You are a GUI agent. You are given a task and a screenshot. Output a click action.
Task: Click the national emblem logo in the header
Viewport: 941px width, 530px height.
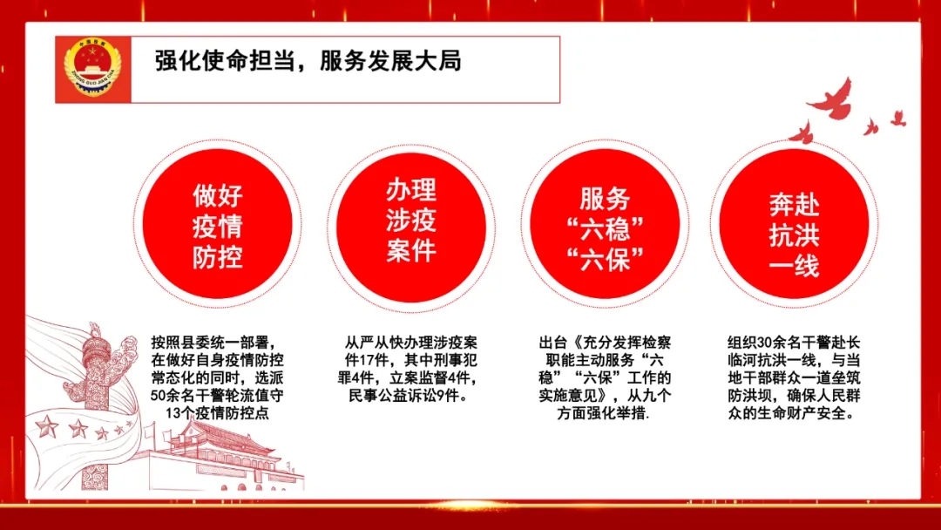92,67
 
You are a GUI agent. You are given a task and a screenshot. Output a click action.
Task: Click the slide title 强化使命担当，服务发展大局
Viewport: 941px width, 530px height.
308,61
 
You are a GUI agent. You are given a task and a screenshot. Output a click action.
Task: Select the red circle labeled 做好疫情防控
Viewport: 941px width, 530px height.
217,225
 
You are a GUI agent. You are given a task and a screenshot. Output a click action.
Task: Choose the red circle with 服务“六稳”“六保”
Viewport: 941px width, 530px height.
605,225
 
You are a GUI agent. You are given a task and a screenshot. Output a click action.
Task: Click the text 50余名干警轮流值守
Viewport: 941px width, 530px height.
217,396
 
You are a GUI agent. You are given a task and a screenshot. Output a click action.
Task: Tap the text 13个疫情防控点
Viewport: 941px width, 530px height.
217,413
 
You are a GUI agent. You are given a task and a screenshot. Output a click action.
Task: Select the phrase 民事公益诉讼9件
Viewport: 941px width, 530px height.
408,396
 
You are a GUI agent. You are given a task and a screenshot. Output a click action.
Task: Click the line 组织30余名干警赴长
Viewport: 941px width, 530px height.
794,343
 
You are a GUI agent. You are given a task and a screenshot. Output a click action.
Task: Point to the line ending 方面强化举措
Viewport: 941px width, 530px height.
603,413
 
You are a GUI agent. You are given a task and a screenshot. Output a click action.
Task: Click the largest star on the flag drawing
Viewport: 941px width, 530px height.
47,427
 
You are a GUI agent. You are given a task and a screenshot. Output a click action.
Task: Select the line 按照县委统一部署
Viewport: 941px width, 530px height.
214,343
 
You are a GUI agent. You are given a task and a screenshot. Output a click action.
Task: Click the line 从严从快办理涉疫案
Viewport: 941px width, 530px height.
411,343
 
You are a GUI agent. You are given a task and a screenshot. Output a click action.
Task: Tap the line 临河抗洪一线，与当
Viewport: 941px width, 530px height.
794,360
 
